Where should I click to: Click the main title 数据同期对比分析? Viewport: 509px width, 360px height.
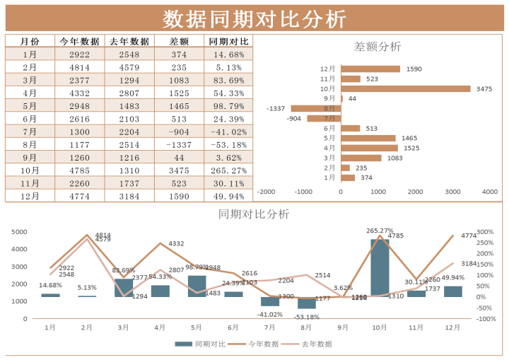[255, 18]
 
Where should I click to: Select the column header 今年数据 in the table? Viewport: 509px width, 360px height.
[79, 42]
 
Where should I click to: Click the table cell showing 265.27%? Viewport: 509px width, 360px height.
[228, 170]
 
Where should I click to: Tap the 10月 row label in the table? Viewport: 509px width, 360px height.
[30, 170]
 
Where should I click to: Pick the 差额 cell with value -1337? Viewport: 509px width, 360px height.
[179, 145]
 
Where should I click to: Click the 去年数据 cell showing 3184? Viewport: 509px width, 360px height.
[129, 196]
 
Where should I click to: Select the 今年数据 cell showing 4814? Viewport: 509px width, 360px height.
[79, 67]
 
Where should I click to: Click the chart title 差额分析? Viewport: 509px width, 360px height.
[377, 47]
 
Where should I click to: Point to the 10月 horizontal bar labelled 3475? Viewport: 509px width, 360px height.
[405, 89]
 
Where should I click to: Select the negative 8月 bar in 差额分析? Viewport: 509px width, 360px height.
[316, 108]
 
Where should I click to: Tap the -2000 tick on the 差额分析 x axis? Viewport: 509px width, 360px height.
[267, 192]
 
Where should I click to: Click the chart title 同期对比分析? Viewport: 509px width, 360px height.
[254, 214]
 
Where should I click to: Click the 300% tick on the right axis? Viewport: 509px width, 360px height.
[485, 232]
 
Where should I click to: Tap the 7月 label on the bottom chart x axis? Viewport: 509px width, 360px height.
[269, 328]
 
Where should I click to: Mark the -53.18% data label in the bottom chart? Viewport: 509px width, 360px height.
[307, 317]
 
